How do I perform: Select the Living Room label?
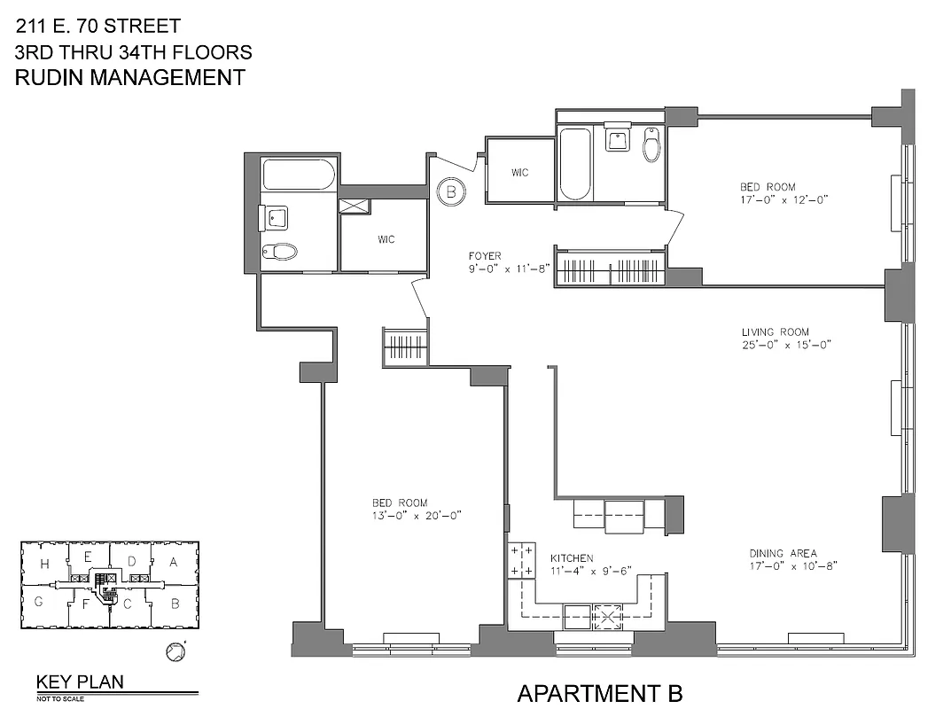(x=775, y=332)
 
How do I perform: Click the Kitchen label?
(x=571, y=557)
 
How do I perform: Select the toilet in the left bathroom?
(x=279, y=253)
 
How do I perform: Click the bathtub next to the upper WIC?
(x=573, y=165)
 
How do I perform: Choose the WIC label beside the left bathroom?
(x=386, y=239)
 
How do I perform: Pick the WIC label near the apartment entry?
(x=519, y=173)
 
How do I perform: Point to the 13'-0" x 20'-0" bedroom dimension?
(x=417, y=515)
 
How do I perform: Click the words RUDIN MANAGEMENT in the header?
(x=130, y=77)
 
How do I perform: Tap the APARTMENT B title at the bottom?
(x=600, y=692)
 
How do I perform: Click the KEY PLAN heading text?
(x=80, y=682)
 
